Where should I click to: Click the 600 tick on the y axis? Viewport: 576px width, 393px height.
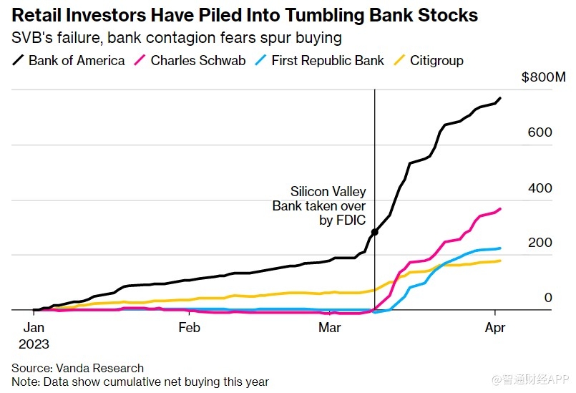[542, 133]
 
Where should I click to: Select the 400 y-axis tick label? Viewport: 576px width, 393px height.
[542, 188]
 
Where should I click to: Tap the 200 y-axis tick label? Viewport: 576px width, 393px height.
[542, 243]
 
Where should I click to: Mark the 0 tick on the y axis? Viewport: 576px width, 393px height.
[547, 298]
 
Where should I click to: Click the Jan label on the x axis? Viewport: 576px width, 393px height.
[34, 328]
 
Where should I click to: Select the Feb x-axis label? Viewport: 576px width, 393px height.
[189, 328]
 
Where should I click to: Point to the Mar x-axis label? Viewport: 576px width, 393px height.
[329, 328]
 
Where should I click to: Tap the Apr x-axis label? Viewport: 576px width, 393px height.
[495, 328]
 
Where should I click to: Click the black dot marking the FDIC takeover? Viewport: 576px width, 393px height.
[374, 233]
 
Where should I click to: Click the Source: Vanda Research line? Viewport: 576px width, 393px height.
[77, 368]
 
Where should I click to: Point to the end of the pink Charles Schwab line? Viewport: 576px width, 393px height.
[499, 209]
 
